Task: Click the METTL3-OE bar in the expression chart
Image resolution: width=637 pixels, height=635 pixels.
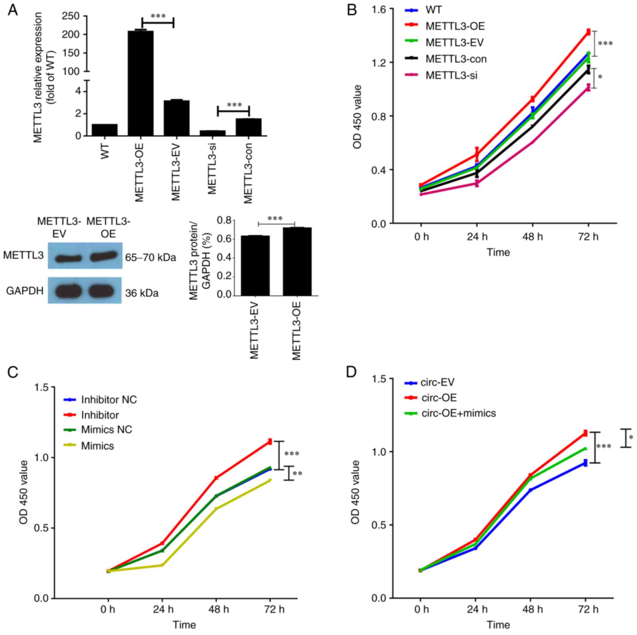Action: point(140,82)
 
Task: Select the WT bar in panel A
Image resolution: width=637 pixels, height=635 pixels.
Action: point(104,130)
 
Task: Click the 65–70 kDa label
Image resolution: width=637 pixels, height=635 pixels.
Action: point(150,258)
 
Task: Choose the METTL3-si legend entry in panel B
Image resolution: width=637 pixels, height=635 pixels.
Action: point(451,75)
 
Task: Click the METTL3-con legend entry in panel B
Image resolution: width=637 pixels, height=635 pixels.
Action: point(456,59)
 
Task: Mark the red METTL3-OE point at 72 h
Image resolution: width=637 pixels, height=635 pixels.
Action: point(588,32)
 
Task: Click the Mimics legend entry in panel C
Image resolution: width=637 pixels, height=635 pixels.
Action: point(97,446)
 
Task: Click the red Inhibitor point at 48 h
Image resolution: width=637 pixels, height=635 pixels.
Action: point(216,478)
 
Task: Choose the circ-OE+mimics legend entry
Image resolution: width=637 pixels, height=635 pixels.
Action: point(458,413)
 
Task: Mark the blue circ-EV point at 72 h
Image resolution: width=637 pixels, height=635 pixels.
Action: point(585,463)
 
